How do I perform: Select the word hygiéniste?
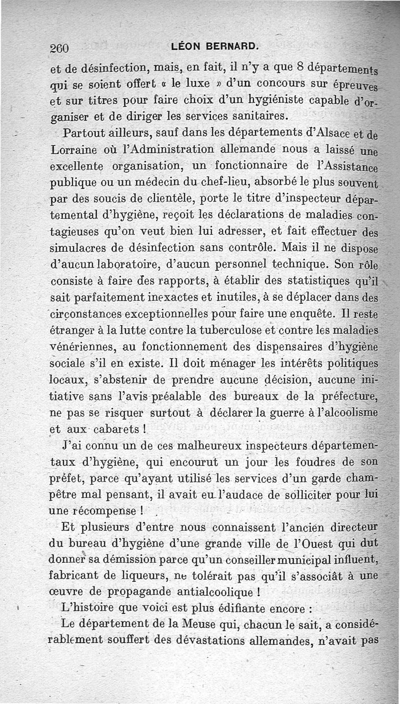(x=268, y=99)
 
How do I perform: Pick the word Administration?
(x=175, y=149)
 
